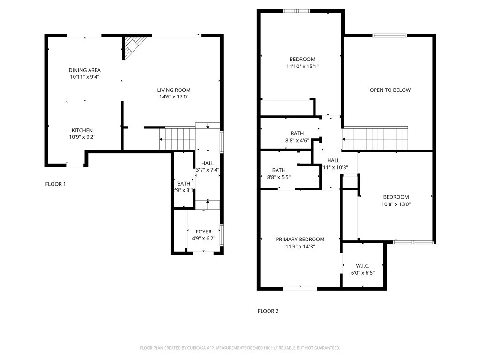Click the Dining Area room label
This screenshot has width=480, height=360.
pyautogui.click(x=84, y=70)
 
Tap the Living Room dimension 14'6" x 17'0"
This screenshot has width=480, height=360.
pyautogui.click(x=173, y=97)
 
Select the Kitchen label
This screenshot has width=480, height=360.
pyautogui.click(x=82, y=130)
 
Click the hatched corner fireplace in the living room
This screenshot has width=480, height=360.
pyautogui.click(x=132, y=47)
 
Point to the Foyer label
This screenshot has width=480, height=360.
pyautogui.click(x=203, y=232)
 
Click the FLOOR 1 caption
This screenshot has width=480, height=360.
pyautogui.click(x=55, y=184)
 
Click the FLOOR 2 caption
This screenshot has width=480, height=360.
pyautogui.click(x=268, y=311)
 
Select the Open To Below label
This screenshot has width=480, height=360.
pyautogui.click(x=390, y=90)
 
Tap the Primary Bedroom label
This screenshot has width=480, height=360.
pyautogui.click(x=300, y=239)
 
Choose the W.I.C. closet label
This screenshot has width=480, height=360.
pyautogui.click(x=363, y=266)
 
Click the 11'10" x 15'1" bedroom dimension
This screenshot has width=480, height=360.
pyautogui.click(x=302, y=66)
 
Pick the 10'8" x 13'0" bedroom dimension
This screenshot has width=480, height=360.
pyautogui.click(x=396, y=204)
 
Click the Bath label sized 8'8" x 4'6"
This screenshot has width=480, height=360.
pyautogui.click(x=297, y=134)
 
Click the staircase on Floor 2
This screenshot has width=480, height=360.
pyautogui.click(x=375, y=138)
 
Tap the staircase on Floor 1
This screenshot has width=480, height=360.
pyautogui.click(x=177, y=138)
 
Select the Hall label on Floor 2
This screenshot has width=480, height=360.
pyautogui.click(x=333, y=160)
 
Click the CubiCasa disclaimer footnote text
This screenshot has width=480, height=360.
pyautogui.click(x=240, y=348)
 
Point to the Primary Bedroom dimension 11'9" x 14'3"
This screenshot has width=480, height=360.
pyautogui.click(x=300, y=246)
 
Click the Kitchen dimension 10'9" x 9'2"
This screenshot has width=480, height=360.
pyautogui.click(x=82, y=137)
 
